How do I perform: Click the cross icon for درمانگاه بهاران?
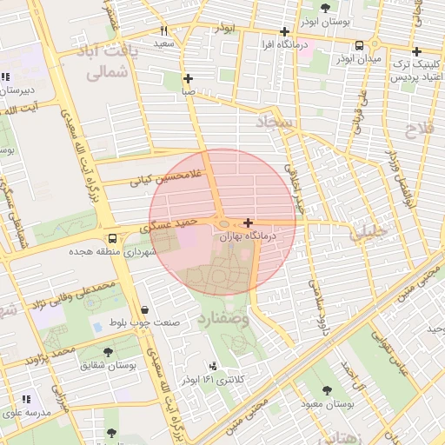[x=249, y=222]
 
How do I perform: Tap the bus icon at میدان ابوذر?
[x=359, y=45]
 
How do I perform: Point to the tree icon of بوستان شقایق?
[x=108, y=352]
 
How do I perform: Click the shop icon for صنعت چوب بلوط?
[x=143, y=309]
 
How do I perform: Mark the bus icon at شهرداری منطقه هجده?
[x=111, y=238]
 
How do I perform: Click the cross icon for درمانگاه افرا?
[x=284, y=31]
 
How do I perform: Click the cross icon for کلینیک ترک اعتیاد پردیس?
[x=416, y=51]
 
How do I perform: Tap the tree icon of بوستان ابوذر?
[x=325, y=8]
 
